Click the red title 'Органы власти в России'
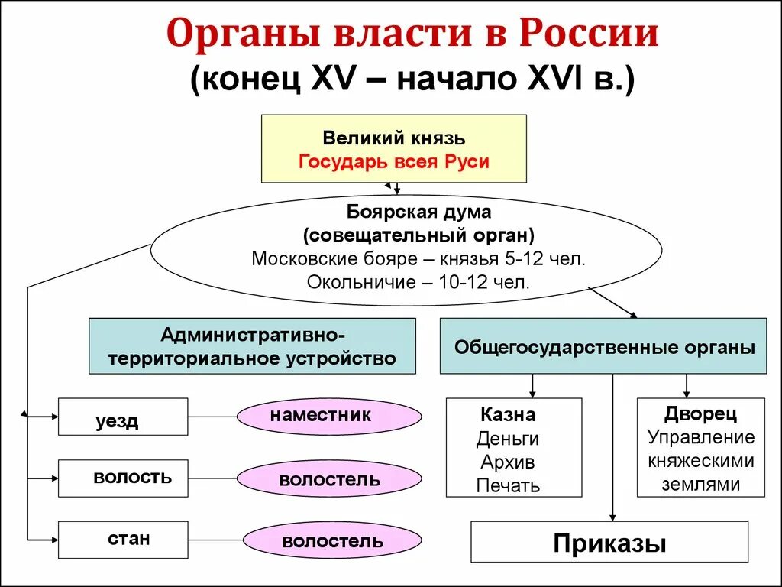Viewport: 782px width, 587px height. click(412, 34)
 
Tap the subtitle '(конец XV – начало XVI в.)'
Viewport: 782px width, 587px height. click(412, 79)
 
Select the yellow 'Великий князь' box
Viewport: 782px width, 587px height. click(393, 148)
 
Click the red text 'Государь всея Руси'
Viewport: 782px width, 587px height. click(393, 162)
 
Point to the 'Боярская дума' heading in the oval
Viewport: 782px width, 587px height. click(418, 211)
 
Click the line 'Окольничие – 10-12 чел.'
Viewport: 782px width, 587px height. click(418, 281)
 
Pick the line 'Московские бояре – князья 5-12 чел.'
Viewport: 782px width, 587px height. click(418, 258)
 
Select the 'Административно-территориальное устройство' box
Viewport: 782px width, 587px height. click(252, 346)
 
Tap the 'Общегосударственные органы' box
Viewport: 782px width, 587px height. click(603, 346)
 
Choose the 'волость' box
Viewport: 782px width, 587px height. click(122, 478)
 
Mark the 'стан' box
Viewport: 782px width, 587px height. click(122, 540)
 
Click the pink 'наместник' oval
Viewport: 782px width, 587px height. click(329, 417)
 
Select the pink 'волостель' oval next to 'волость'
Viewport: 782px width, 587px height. click(329, 480)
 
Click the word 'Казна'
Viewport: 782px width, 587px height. click(508, 415)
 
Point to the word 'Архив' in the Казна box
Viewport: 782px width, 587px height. click(508, 462)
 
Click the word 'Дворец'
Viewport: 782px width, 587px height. click(700, 413)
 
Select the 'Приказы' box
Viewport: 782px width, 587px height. click(609, 543)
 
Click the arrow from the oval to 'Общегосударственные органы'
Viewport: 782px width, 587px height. click(612, 303)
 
